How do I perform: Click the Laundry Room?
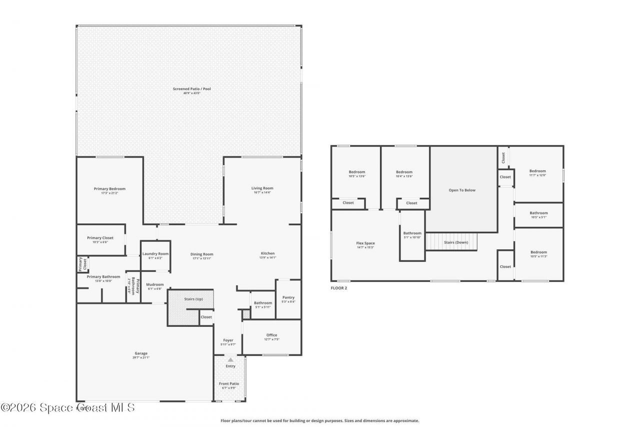155,256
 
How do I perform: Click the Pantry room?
288,299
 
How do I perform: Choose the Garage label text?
141,353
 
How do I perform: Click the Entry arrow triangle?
230,359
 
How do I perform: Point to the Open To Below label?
462,190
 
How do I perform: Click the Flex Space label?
365,243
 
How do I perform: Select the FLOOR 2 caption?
338,288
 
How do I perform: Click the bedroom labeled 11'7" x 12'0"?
537,173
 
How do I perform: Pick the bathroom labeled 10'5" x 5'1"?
538,215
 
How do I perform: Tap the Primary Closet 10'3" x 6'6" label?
100,240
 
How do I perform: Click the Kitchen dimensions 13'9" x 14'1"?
267,258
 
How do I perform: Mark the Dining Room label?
202,254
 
